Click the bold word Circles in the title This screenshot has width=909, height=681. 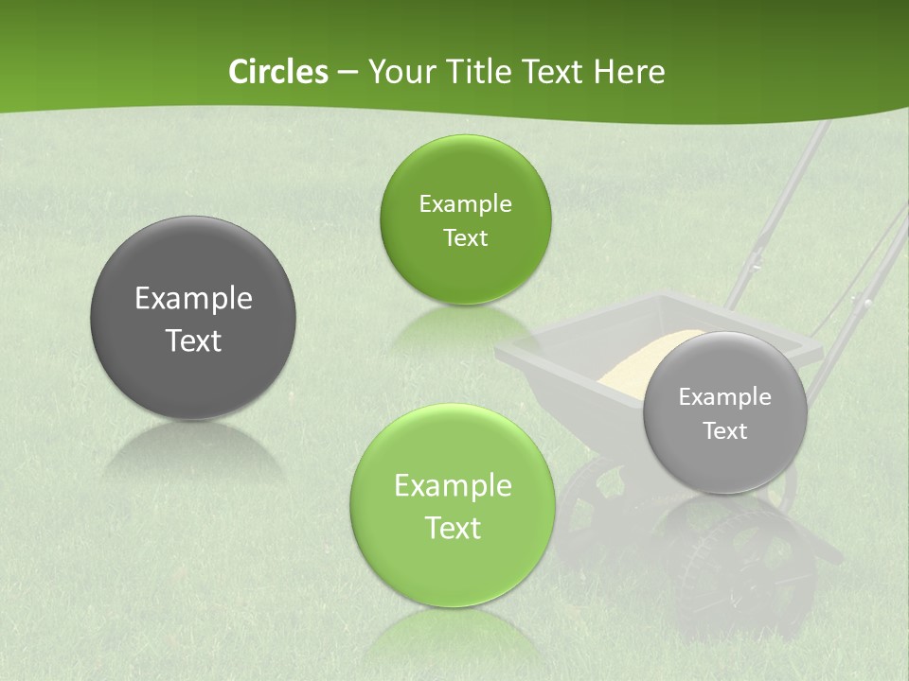click(x=277, y=72)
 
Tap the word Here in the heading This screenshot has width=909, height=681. click(x=630, y=72)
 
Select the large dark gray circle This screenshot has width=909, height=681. click(x=193, y=318)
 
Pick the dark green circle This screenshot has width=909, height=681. click(x=465, y=219)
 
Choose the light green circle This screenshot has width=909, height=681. click(x=453, y=505)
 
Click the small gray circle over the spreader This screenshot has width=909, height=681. click(x=725, y=412)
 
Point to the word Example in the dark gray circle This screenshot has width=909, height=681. click(x=193, y=299)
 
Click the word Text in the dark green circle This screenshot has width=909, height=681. click(x=465, y=237)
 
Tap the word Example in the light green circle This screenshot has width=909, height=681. click(x=453, y=486)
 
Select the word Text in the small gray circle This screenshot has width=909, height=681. click(x=725, y=431)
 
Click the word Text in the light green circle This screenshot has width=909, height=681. click(x=453, y=528)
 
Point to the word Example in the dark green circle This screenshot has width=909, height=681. click(x=465, y=204)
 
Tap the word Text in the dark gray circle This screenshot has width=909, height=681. click(x=193, y=340)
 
